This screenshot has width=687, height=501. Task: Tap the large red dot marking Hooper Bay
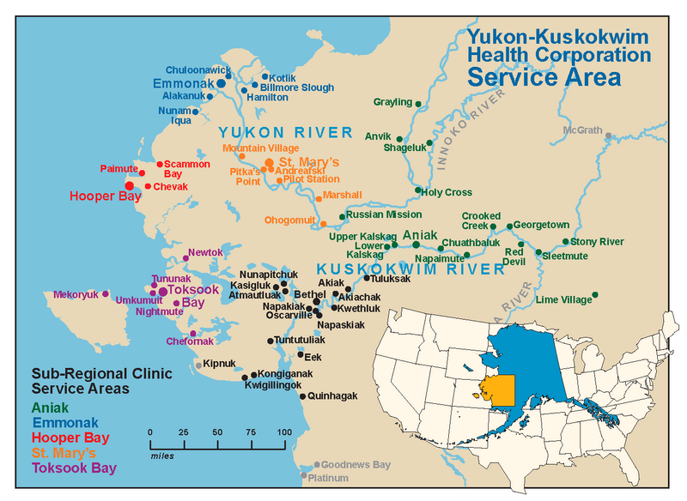(x=130, y=185)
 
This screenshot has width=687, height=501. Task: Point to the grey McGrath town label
(x=582, y=130)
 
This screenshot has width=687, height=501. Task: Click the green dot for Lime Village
(x=595, y=295)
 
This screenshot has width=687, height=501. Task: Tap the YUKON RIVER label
(x=285, y=132)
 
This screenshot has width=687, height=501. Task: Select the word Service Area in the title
(x=544, y=77)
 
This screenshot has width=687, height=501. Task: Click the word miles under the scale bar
(x=162, y=456)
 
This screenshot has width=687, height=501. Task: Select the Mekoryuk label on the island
(x=76, y=294)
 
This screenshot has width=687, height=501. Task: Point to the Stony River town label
(x=598, y=242)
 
